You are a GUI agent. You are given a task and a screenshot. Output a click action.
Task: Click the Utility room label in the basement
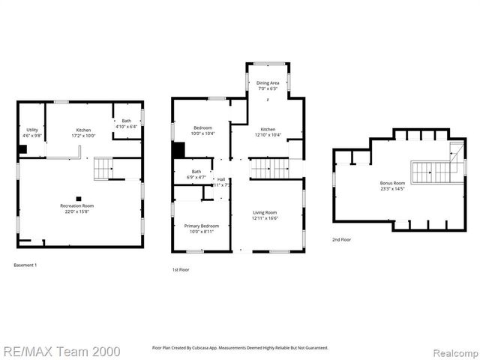32,133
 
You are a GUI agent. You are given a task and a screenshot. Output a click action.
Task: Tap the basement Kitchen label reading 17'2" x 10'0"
83,133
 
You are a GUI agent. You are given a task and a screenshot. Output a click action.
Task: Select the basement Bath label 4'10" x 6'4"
127,124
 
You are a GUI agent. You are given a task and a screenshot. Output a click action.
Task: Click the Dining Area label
268,85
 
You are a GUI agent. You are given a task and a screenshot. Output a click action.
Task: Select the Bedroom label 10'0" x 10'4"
202,130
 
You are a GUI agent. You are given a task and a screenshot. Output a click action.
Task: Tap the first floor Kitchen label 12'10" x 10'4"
268,130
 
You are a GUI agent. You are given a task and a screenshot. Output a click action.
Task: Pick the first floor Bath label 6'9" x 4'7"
196,175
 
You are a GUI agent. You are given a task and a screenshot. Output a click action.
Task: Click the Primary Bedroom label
202,228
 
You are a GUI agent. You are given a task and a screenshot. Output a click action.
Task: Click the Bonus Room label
392,184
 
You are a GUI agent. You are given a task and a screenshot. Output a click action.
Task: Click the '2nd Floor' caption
343,239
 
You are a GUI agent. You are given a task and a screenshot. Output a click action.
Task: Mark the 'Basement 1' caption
25,265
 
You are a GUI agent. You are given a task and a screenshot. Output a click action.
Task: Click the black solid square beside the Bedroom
178,150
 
